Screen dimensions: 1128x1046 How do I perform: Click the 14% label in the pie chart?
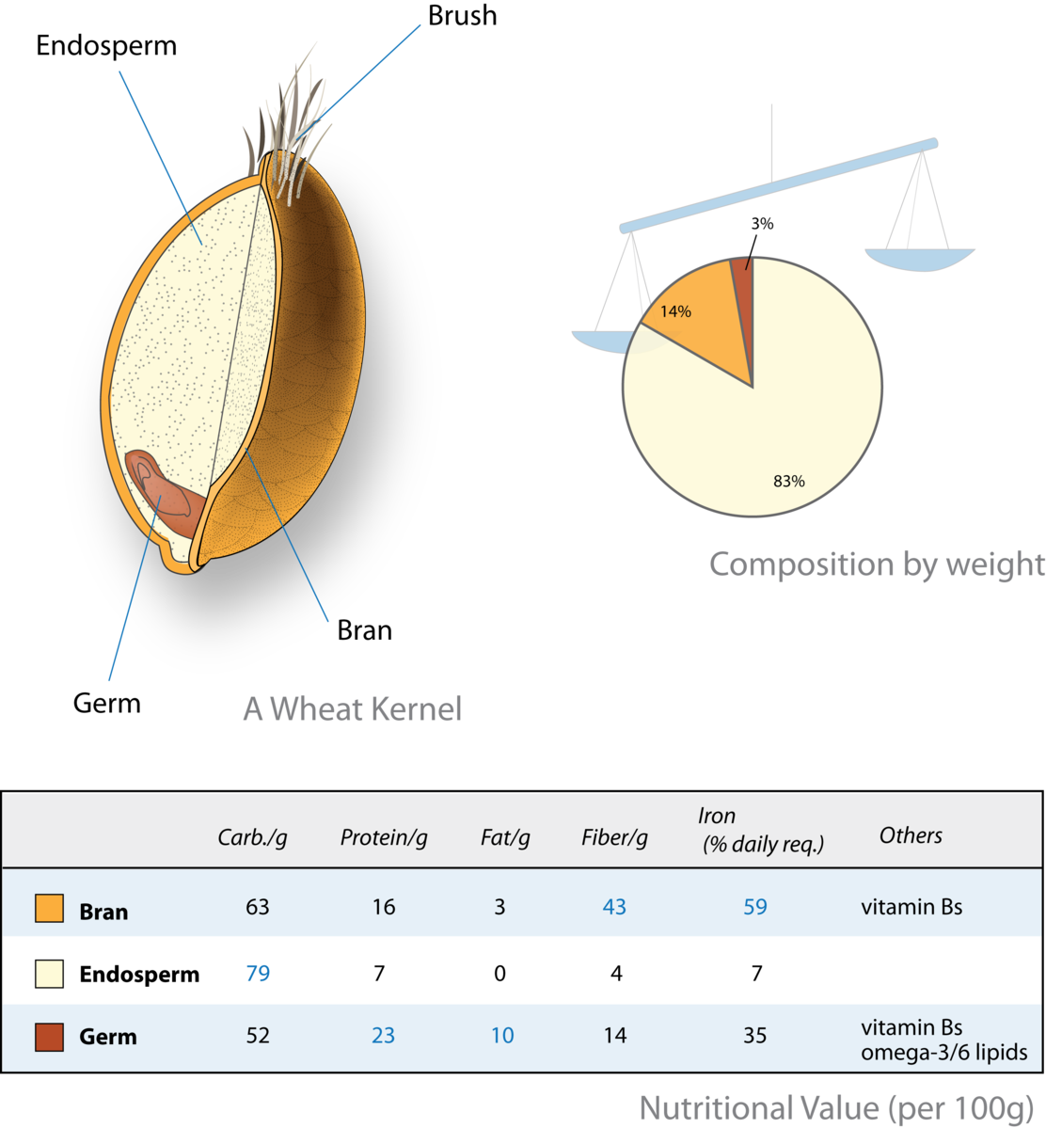click(x=675, y=310)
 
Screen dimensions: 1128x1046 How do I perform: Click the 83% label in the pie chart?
click(x=788, y=482)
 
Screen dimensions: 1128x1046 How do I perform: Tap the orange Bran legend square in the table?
click(x=49, y=908)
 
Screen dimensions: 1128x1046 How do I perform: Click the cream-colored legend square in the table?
click(x=49, y=974)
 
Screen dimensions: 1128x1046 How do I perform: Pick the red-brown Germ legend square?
click(x=49, y=1037)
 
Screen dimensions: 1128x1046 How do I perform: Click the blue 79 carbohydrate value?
click(x=258, y=974)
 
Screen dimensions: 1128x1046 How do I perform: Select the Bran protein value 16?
click(x=384, y=908)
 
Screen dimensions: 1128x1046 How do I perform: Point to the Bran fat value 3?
click(x=499, y=908)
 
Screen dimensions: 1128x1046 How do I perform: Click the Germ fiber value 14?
click(x=615, y=1036)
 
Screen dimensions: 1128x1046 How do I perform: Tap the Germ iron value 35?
click(x=754, y=1036)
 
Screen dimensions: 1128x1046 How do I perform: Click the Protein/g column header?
click(x=384, y=838)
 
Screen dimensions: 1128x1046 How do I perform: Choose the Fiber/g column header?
click(x=614, y=838)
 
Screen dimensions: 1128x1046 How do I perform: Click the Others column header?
click(x=911, y=835)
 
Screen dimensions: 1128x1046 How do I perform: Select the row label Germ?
click(x=108, y=1037)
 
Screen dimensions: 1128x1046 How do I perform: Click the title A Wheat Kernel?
click(x=353, y=708)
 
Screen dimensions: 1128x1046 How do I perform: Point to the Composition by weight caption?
click(x=876, y=564)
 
